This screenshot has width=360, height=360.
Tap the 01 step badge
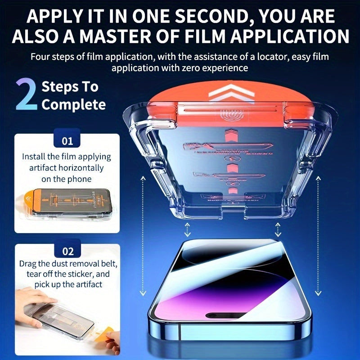coord(67,141)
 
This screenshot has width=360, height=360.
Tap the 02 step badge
coord(67,251)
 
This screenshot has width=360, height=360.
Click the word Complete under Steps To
coord(74,105)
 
